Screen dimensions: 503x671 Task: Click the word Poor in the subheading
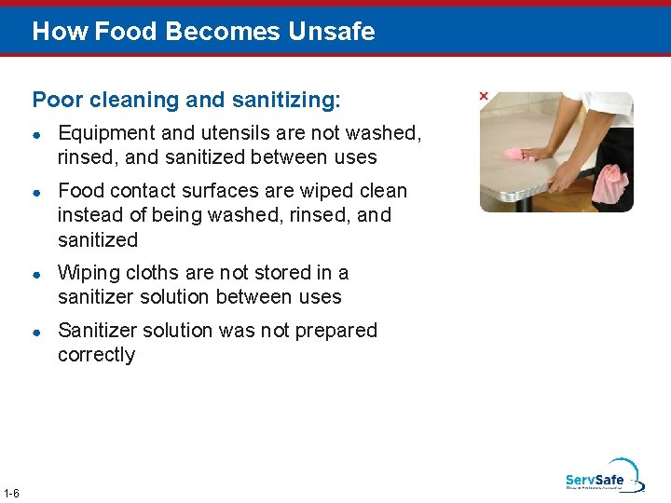click(x=53, y=99)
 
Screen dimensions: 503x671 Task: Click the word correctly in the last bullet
click(x=96, y=355)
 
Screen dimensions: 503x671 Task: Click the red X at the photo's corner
click(x=483, y=96)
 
